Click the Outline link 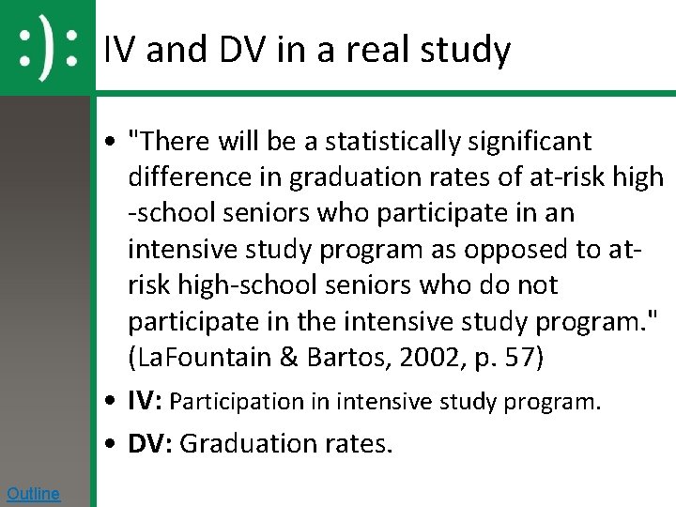(x=33, y=494)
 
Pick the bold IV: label (x=146, y=402)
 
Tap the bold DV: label (x=150, y=443)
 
